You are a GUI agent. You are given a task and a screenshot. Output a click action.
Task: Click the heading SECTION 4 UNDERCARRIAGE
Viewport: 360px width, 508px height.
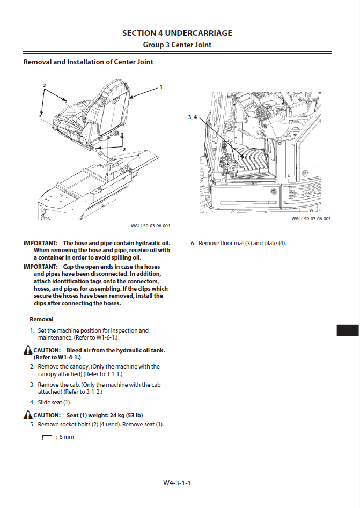pyautogui.click(x=177, y=33)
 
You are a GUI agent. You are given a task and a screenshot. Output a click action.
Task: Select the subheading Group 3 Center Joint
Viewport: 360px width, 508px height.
pyautogui.click(x=177, y=45)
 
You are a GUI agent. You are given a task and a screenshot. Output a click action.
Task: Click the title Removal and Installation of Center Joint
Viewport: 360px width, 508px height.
pyautogui.click(x=89, y=62)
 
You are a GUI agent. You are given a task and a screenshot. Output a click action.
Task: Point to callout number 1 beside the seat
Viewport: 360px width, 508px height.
pyautogui.click(x=160, y=86)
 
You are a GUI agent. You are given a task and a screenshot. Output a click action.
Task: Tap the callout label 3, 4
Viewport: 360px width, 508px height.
pyautogui.click(x=193, y=117)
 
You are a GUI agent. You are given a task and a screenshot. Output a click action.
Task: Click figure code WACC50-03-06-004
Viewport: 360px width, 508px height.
pyautogui.click(x=150, y=226)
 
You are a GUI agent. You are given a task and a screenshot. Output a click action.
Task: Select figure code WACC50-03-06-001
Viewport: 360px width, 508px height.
pyautogui.click(x=311, y=219)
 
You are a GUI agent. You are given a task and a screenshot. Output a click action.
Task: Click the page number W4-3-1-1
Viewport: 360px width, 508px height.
pyautogui.click(x=177, y=483)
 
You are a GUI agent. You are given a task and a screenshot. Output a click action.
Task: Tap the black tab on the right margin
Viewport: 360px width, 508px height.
pyautogui.click(x=347, y=330)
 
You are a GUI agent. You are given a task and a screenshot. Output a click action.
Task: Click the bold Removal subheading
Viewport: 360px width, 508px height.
pyautogui.click(x=41, y=320)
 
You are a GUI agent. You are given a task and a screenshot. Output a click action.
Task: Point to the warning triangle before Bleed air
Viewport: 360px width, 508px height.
pyautogui.click(x=28, y=351)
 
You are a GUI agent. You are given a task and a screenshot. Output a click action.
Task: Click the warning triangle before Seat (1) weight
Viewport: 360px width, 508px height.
pyautogui.click(x=28, y=416)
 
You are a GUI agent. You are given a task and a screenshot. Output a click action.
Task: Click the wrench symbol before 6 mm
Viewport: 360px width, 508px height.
pyautogui.click(x=47, y=437)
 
